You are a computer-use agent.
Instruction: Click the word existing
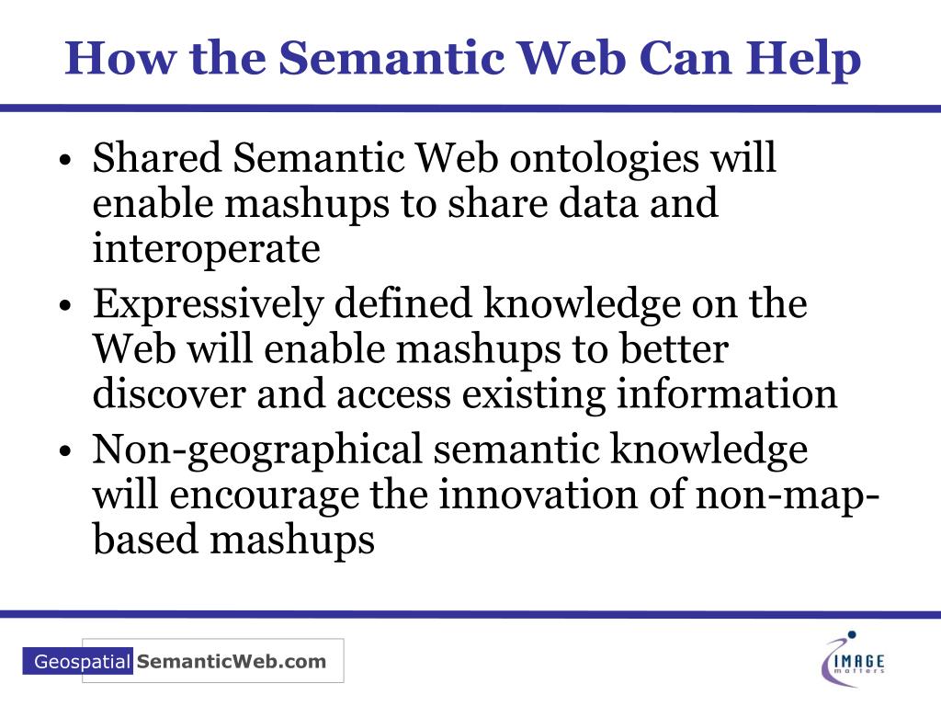[534, 395]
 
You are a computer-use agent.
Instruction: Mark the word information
[727, 395]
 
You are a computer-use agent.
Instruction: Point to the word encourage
[266, 497]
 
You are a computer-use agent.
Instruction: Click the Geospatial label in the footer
[82, 662]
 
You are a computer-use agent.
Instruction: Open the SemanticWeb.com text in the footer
[231, 661]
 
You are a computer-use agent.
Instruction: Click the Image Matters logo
[854, 659]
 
